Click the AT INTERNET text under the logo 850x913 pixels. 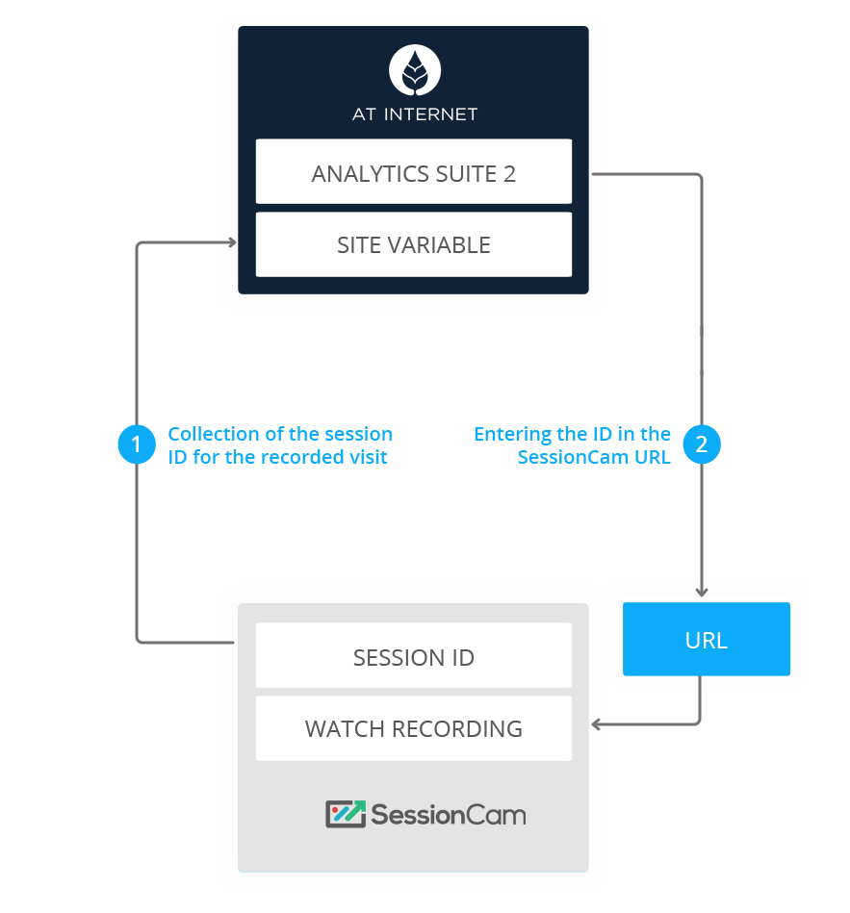(415, 114)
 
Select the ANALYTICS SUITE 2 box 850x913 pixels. (414, 173)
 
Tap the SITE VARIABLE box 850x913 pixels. (414, 245)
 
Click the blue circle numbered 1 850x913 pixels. (136, 444)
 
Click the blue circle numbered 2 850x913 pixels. (702, 444)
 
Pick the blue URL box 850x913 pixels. (706, 640)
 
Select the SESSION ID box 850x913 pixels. (414, 658)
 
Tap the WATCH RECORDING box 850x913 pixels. (414, 728)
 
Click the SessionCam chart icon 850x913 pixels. (346, 815)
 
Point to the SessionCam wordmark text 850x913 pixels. (449, 816)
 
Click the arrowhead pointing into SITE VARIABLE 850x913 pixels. (231, 242)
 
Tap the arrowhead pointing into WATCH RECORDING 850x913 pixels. (598, 723)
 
